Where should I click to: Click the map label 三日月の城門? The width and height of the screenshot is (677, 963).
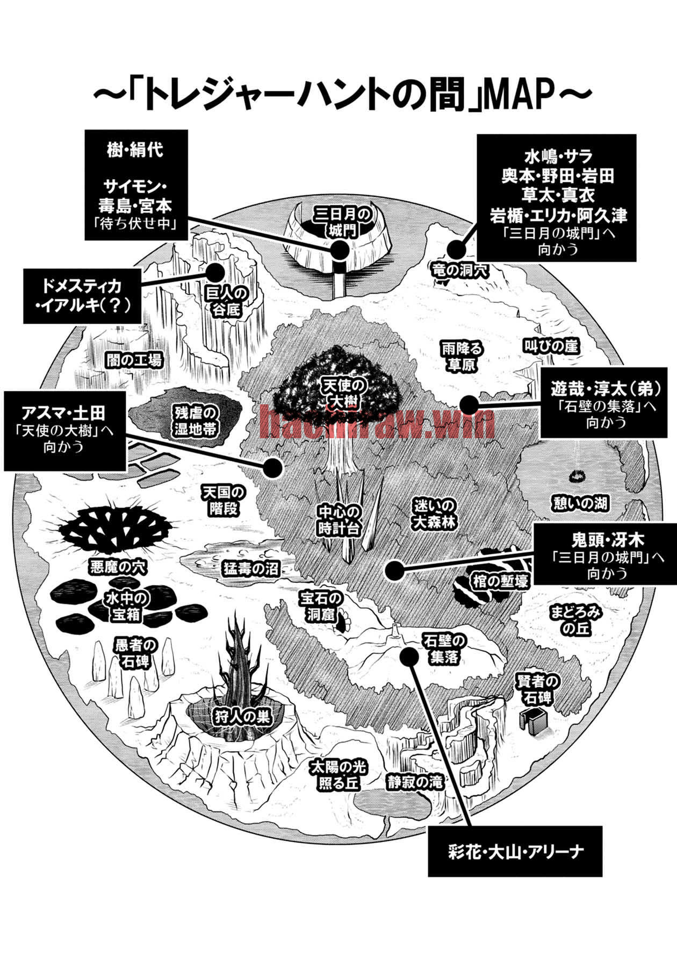[343, 222]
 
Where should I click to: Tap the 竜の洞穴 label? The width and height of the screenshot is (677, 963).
[460, 270]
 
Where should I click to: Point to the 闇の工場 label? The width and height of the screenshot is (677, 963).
[134, 360]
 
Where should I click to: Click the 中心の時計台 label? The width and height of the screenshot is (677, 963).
[338, 519]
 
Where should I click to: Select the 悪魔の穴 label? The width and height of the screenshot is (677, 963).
[119, 567]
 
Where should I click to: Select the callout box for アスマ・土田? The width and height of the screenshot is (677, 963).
[65, 430]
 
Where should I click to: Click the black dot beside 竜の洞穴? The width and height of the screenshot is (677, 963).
[456, 249]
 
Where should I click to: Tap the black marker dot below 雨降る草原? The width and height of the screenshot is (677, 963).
[469, 405]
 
